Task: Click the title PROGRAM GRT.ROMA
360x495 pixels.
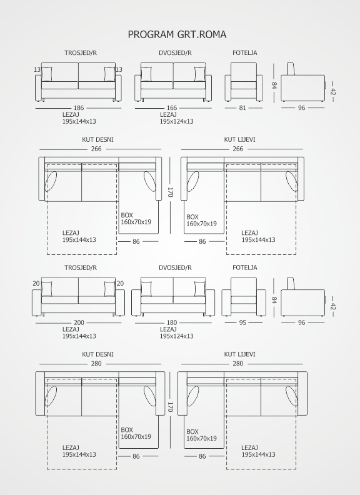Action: [177, 34]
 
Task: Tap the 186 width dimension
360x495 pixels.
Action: [79, 108]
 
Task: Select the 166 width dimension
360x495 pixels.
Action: [172, 108]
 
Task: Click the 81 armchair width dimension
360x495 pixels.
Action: [242, 108]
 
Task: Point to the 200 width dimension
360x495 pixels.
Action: [79, 322]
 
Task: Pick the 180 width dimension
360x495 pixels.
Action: [172, 322]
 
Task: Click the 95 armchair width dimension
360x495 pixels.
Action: [242, 322]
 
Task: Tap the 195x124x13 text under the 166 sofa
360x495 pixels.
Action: [176, 121]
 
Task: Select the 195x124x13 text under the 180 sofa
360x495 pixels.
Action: [176, 336]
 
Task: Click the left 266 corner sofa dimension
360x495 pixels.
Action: [96, 149]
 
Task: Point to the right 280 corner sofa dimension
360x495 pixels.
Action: [237, 363]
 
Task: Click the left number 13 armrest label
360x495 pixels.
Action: [37, 69]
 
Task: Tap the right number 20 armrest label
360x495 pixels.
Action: [121, 284]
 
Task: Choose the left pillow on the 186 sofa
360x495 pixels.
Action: [47, 74]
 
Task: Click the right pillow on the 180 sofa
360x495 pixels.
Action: [200, 289]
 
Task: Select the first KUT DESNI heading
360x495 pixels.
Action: [97, 139]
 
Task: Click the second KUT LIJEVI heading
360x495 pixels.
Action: [239, 354]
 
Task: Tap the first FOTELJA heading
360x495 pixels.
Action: [245, 52]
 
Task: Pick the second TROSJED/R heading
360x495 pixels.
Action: [81, 267]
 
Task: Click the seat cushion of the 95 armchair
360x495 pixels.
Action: [244, 300]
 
